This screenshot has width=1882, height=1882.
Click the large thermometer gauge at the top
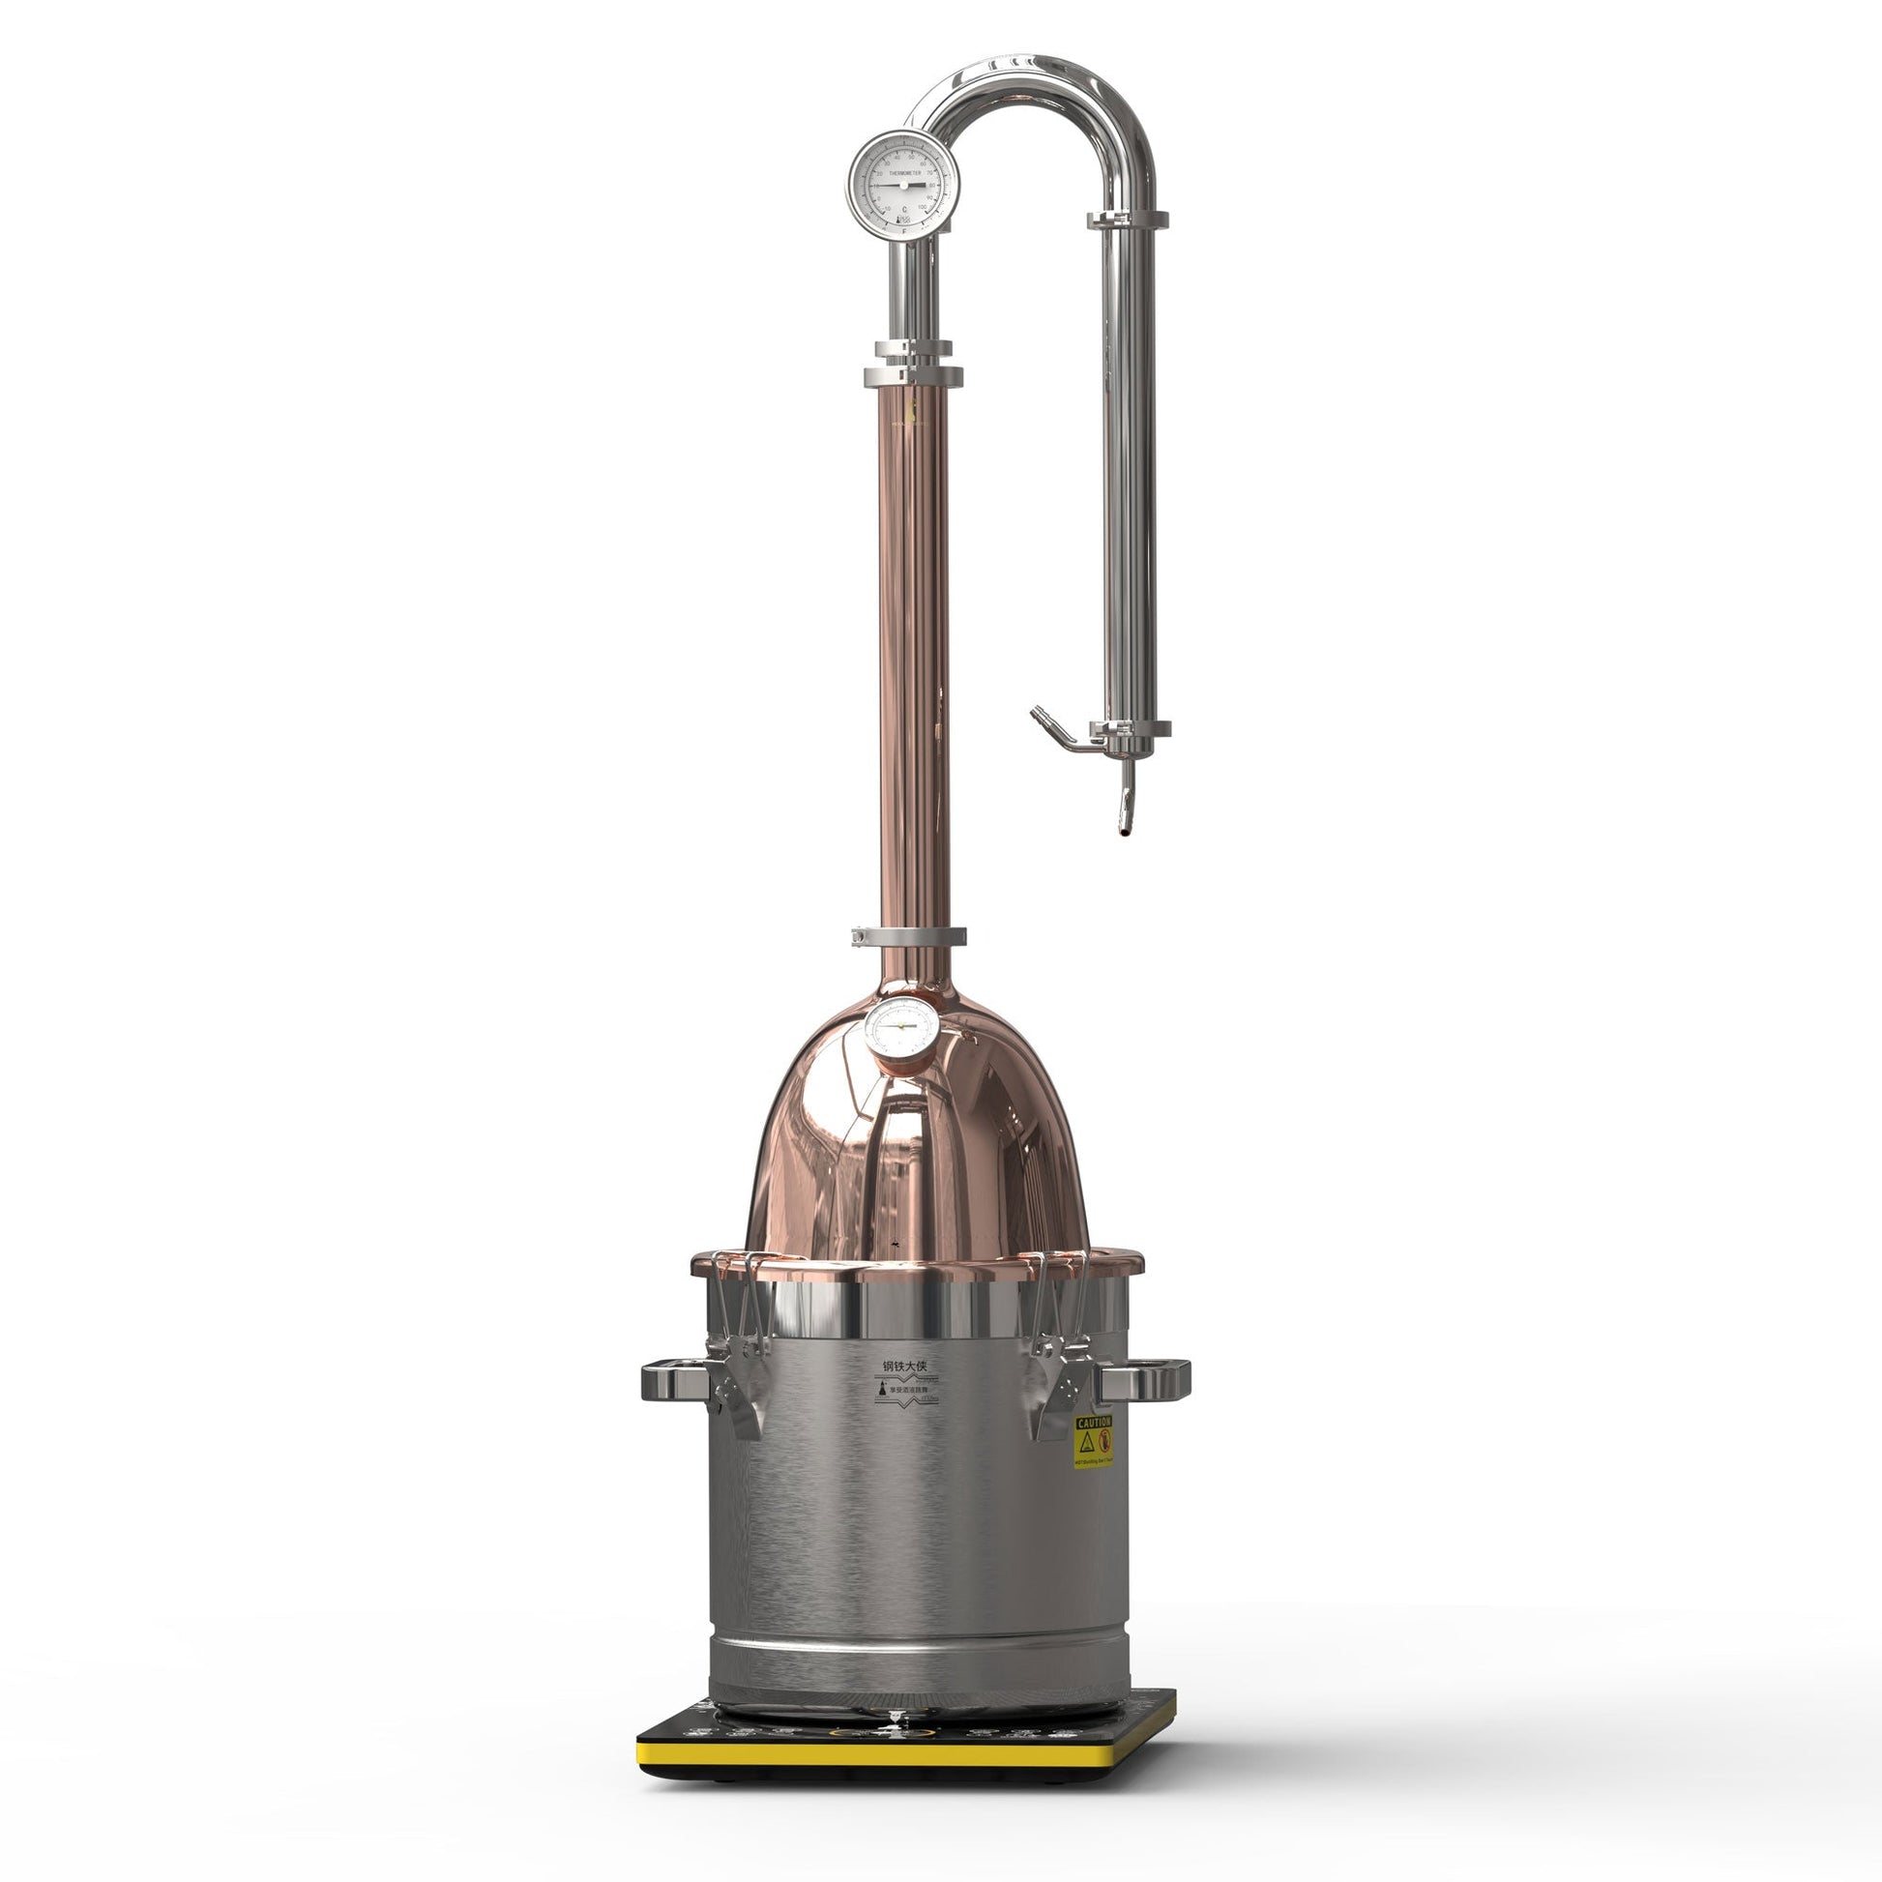(902, 184)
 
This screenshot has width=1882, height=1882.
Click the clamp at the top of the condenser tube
(1128, 221)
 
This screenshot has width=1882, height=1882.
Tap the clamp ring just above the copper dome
(909, 936)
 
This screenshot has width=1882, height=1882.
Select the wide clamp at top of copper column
(913, 376)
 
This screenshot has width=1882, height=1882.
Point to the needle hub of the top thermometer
(903, 184)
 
